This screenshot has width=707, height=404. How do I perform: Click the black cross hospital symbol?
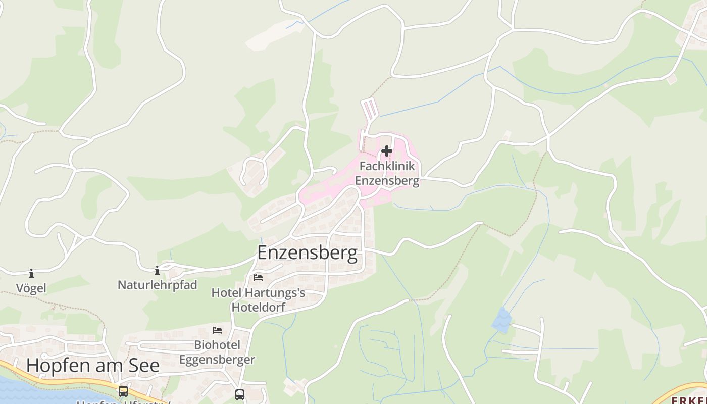[387, 151]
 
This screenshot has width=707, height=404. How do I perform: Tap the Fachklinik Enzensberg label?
[387, 173]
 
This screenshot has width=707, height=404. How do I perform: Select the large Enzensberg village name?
[307, 252]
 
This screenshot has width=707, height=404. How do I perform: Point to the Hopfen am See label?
[93, 365]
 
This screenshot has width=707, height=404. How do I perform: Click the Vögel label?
[31, 288]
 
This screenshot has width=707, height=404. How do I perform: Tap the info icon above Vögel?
[31, 273]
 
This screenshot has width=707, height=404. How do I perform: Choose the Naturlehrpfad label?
[157, 285]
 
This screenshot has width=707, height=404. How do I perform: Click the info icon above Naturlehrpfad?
[157, 270]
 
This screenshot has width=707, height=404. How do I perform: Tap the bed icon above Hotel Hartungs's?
[258, 278]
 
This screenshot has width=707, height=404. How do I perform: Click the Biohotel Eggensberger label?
[217, 352]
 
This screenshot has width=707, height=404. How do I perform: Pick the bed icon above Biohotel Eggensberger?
[217, 330]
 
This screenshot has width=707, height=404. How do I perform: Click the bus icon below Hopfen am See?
[123, 391]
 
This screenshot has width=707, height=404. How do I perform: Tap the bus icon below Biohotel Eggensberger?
[240, 394]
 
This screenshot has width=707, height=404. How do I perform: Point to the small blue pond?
[502, 321]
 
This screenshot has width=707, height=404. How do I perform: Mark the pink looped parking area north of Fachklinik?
[369, 109]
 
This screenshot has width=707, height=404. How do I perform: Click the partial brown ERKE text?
[689, 400]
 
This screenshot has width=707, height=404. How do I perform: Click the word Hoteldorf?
[258, 307]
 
